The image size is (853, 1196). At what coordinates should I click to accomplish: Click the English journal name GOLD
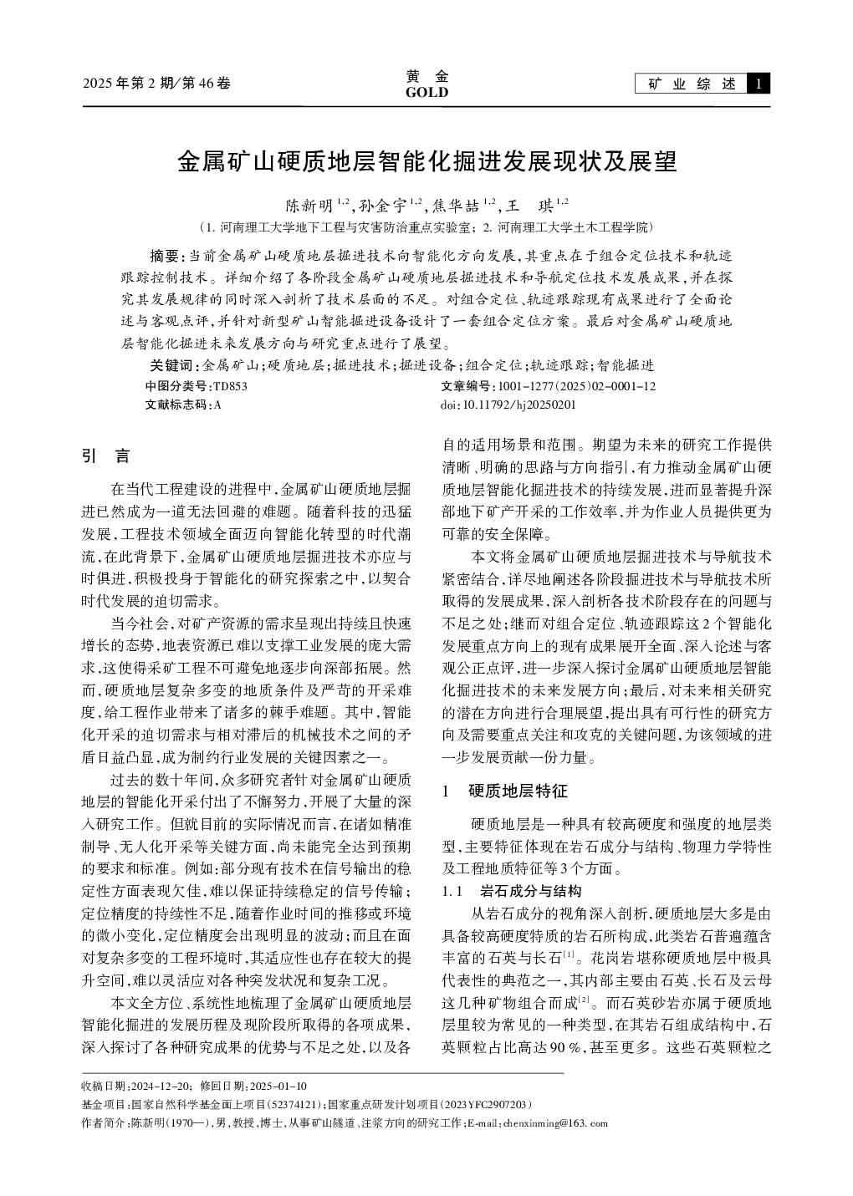tap(426, 93)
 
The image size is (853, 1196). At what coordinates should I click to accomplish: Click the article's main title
tap(426, 161)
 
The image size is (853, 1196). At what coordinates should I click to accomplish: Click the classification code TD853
tap(231, 386)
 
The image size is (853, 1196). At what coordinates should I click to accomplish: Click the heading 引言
tap(105, 456)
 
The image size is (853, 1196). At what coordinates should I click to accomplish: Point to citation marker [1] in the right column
tap(568, 954)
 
